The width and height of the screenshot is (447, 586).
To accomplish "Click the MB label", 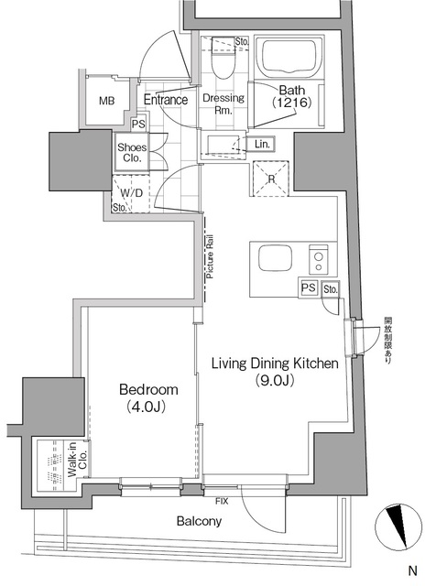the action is tap(107, 101).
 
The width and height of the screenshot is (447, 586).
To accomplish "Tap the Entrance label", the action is tap(166, 100).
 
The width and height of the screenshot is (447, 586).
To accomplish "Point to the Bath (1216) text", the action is tap(292, 96).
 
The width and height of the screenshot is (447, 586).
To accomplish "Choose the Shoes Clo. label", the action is tap(132, 153).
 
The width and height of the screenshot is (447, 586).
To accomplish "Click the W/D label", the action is tap(132, 193).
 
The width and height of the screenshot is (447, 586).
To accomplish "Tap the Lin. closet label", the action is tap(262, 144).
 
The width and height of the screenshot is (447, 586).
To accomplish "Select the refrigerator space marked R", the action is tap(271, 179).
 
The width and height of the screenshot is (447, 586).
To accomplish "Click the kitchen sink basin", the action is tap(276, 259).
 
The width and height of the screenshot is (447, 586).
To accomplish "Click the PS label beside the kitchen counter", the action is tap(309, 288).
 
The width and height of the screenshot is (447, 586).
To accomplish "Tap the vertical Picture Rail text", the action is tap(210, 256).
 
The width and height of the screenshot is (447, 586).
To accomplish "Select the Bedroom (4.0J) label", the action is tap(148, 397).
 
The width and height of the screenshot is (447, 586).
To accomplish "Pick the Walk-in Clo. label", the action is tap(77, 460).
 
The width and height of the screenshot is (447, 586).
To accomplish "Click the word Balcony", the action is tap(199, 521).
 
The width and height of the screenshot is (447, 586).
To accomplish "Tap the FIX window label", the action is tap(222, 501).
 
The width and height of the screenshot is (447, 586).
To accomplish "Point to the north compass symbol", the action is tap(398, 527).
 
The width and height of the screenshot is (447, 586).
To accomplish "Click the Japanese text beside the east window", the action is tap(387, 340).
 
